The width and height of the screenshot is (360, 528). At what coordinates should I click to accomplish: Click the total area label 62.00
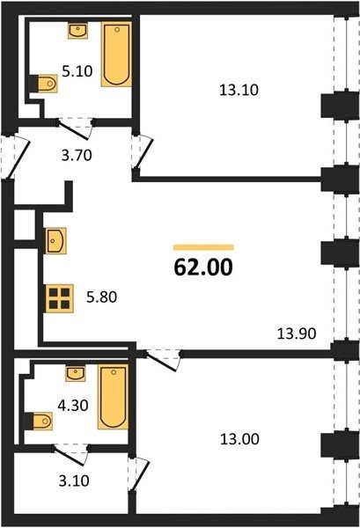coord(203,267)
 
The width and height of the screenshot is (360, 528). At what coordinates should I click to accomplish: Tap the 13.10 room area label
coord(239,90)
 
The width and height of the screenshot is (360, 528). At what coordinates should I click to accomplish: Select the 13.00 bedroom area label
coord(239,439)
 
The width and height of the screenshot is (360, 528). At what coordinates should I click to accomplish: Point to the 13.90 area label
coord(297,334)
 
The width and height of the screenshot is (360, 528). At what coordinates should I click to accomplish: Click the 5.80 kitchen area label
coord(101,297)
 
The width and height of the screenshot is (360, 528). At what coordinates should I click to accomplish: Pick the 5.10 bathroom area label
coord(77,71)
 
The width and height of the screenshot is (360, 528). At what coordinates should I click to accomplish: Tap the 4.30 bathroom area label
coord(73,406)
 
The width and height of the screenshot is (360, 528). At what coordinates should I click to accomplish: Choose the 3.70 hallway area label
coord(77,156)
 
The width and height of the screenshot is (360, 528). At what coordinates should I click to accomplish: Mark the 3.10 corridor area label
coord(74,480)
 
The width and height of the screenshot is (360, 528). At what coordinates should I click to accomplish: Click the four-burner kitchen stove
coord(60,298)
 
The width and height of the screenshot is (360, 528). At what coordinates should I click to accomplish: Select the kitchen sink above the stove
coord(55,241)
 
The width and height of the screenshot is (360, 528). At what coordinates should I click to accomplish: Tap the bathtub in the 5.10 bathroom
coord(116,55)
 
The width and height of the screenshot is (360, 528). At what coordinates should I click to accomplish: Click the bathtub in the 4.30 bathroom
coord(114,397)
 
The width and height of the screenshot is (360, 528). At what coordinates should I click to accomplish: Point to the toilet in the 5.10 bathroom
coord(45,84)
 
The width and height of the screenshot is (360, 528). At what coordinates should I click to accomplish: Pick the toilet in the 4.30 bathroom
coord(40,421)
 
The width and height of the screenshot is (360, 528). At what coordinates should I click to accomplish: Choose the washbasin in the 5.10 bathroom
coord(77,31)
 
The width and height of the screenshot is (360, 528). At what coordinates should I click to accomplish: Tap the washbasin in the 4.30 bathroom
coord(75,373)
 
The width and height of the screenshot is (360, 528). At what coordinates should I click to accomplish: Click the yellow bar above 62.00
coord(203,247)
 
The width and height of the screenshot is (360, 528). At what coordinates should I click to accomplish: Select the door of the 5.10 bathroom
coord(74,129)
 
